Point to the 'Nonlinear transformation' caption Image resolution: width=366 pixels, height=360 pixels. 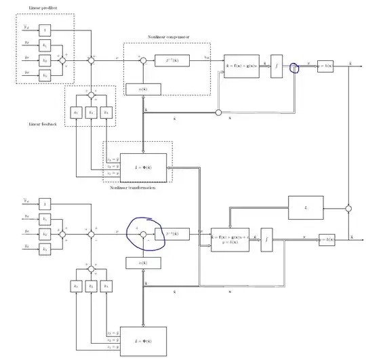[x=131, y=187]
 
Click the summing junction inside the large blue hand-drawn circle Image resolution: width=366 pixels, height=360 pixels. [x=143, y=233]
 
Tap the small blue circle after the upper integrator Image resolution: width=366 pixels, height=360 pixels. [x=294, y=68]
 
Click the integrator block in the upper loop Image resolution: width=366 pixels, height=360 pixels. [x=277, y=66]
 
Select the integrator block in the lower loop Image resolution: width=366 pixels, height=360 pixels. [x=266, y=239]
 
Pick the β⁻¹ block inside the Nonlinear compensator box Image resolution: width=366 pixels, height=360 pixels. [x=172, y=60]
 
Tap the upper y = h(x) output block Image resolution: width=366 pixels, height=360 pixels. [x=327, y=66]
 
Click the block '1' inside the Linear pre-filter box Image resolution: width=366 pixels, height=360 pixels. [x=44, y=30]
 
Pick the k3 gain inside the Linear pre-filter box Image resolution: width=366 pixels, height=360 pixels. [x=44, y=75]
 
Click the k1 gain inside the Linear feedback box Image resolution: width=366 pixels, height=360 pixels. [x=76, y=112]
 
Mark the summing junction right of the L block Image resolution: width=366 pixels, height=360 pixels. [x=348, y=207]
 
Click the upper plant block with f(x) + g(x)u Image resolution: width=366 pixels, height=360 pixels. [x=242, y=66]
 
